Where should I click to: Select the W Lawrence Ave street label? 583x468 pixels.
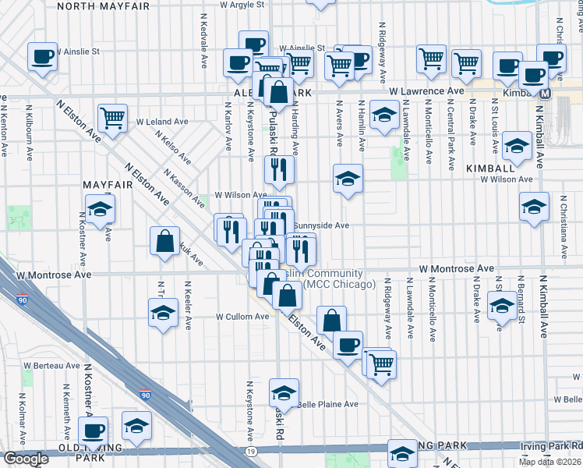point(426,91)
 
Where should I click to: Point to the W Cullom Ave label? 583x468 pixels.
point(242,317)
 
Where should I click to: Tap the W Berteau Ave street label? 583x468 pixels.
point(51,365)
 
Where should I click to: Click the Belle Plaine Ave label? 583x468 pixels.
point(327,404)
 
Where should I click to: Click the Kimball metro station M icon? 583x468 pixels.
point(546,93)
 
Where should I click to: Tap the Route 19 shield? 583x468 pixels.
point(250,452)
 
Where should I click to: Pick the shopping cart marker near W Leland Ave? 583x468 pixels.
point(113,119)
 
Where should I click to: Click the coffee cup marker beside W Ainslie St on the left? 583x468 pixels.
point(42,56)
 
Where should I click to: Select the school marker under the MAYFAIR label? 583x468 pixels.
point(100,208)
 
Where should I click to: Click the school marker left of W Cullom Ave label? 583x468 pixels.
point(162,313)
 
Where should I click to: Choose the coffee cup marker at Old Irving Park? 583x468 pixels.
point(94,430)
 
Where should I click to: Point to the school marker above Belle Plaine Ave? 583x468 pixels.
point(284,393)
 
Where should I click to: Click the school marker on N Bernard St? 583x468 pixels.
point(502,307)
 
